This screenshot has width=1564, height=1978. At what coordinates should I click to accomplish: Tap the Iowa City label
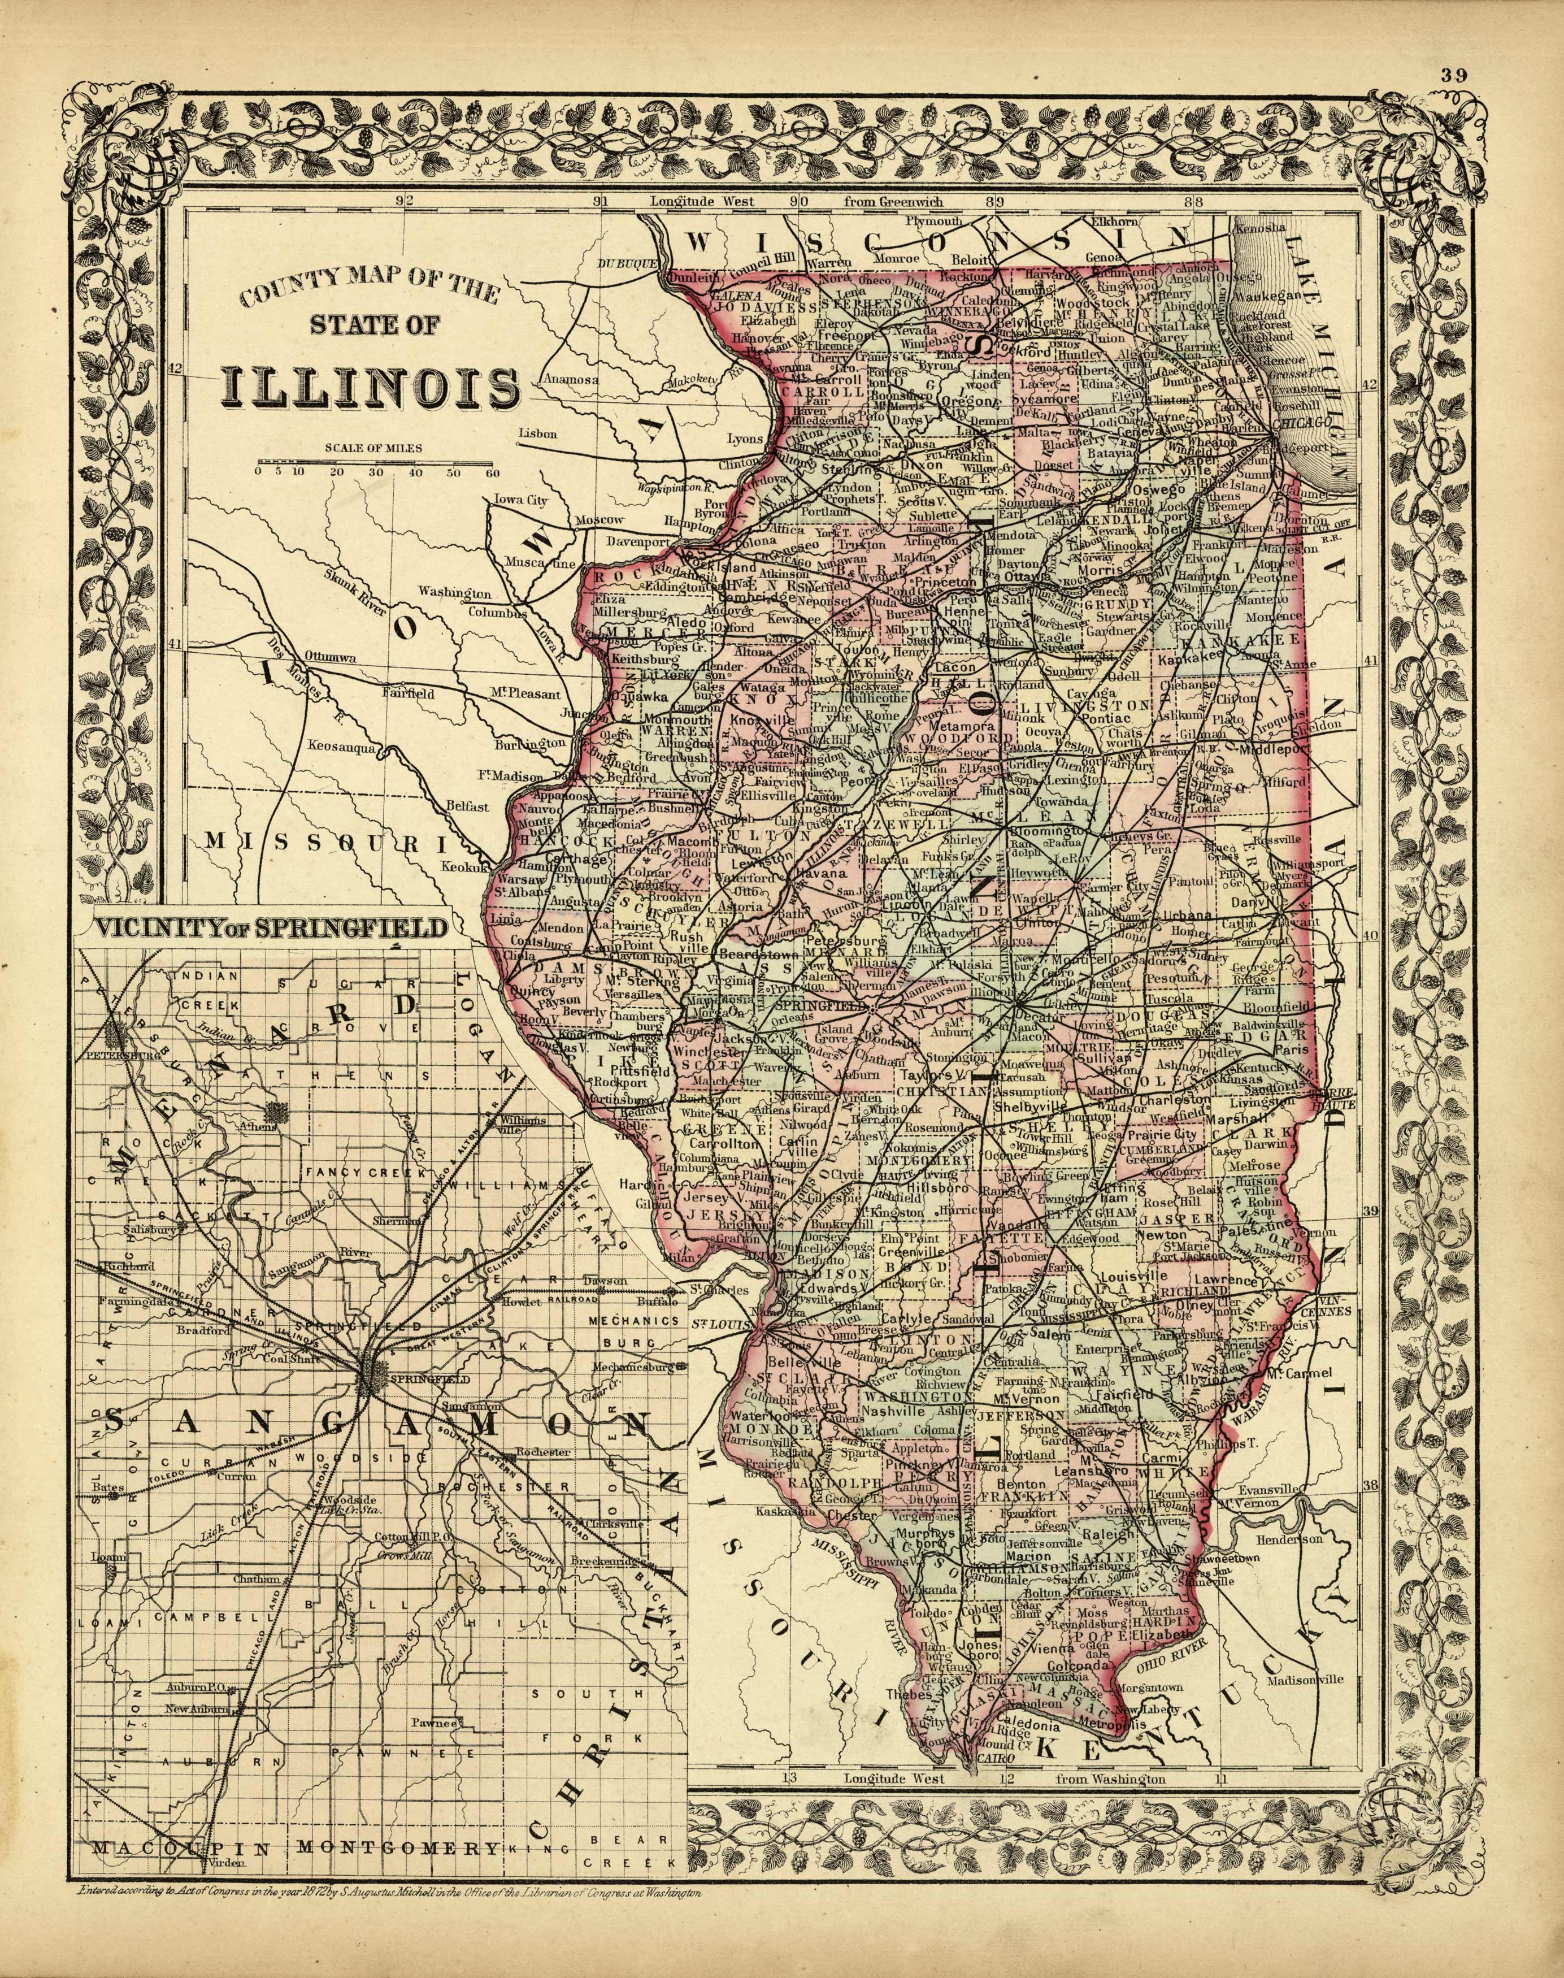point(520,500)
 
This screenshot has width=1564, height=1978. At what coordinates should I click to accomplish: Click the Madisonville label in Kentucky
point(1304,1680)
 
